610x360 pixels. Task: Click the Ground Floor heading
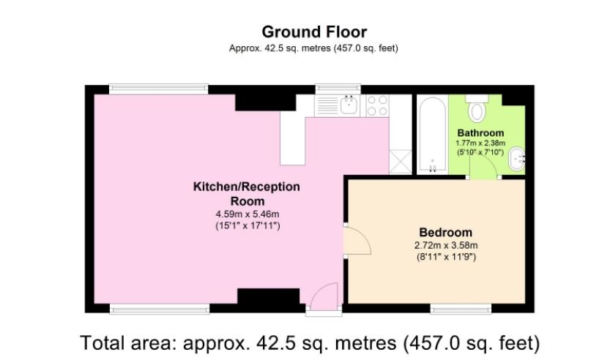click(x=314, y=32)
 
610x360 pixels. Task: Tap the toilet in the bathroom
click(x=477, y=108)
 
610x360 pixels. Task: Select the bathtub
click(x=433, y=135)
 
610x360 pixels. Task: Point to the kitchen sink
click(x=350, y=105)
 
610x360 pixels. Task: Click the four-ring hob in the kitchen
click(x=377, y=106)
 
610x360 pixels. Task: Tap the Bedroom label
click(x=445, y=233)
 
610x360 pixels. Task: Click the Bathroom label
click(x=480, y=132)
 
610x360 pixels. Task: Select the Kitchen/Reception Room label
click(x=247, y=194)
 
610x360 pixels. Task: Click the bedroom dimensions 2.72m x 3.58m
click(x=446, y=245)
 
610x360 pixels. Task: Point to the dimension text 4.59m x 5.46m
click(x=248, y=214)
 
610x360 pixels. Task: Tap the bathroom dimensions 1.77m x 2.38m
click(x=480, y=143)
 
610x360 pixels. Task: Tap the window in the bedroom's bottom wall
click(x=461, y=309)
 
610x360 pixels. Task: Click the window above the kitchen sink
click(x=338, y=89)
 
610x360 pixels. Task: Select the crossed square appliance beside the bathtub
click(x=401, y=162)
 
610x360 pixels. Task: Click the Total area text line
click(x=310, y=343)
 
